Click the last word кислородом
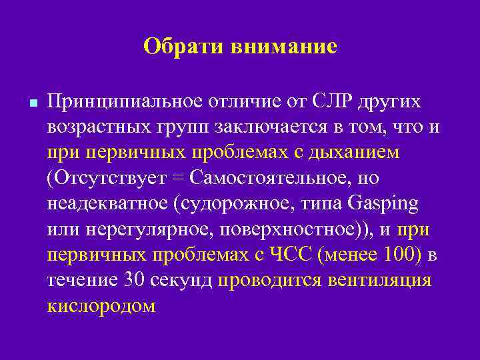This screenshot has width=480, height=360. pyautogui.click(x=101, y=305)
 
